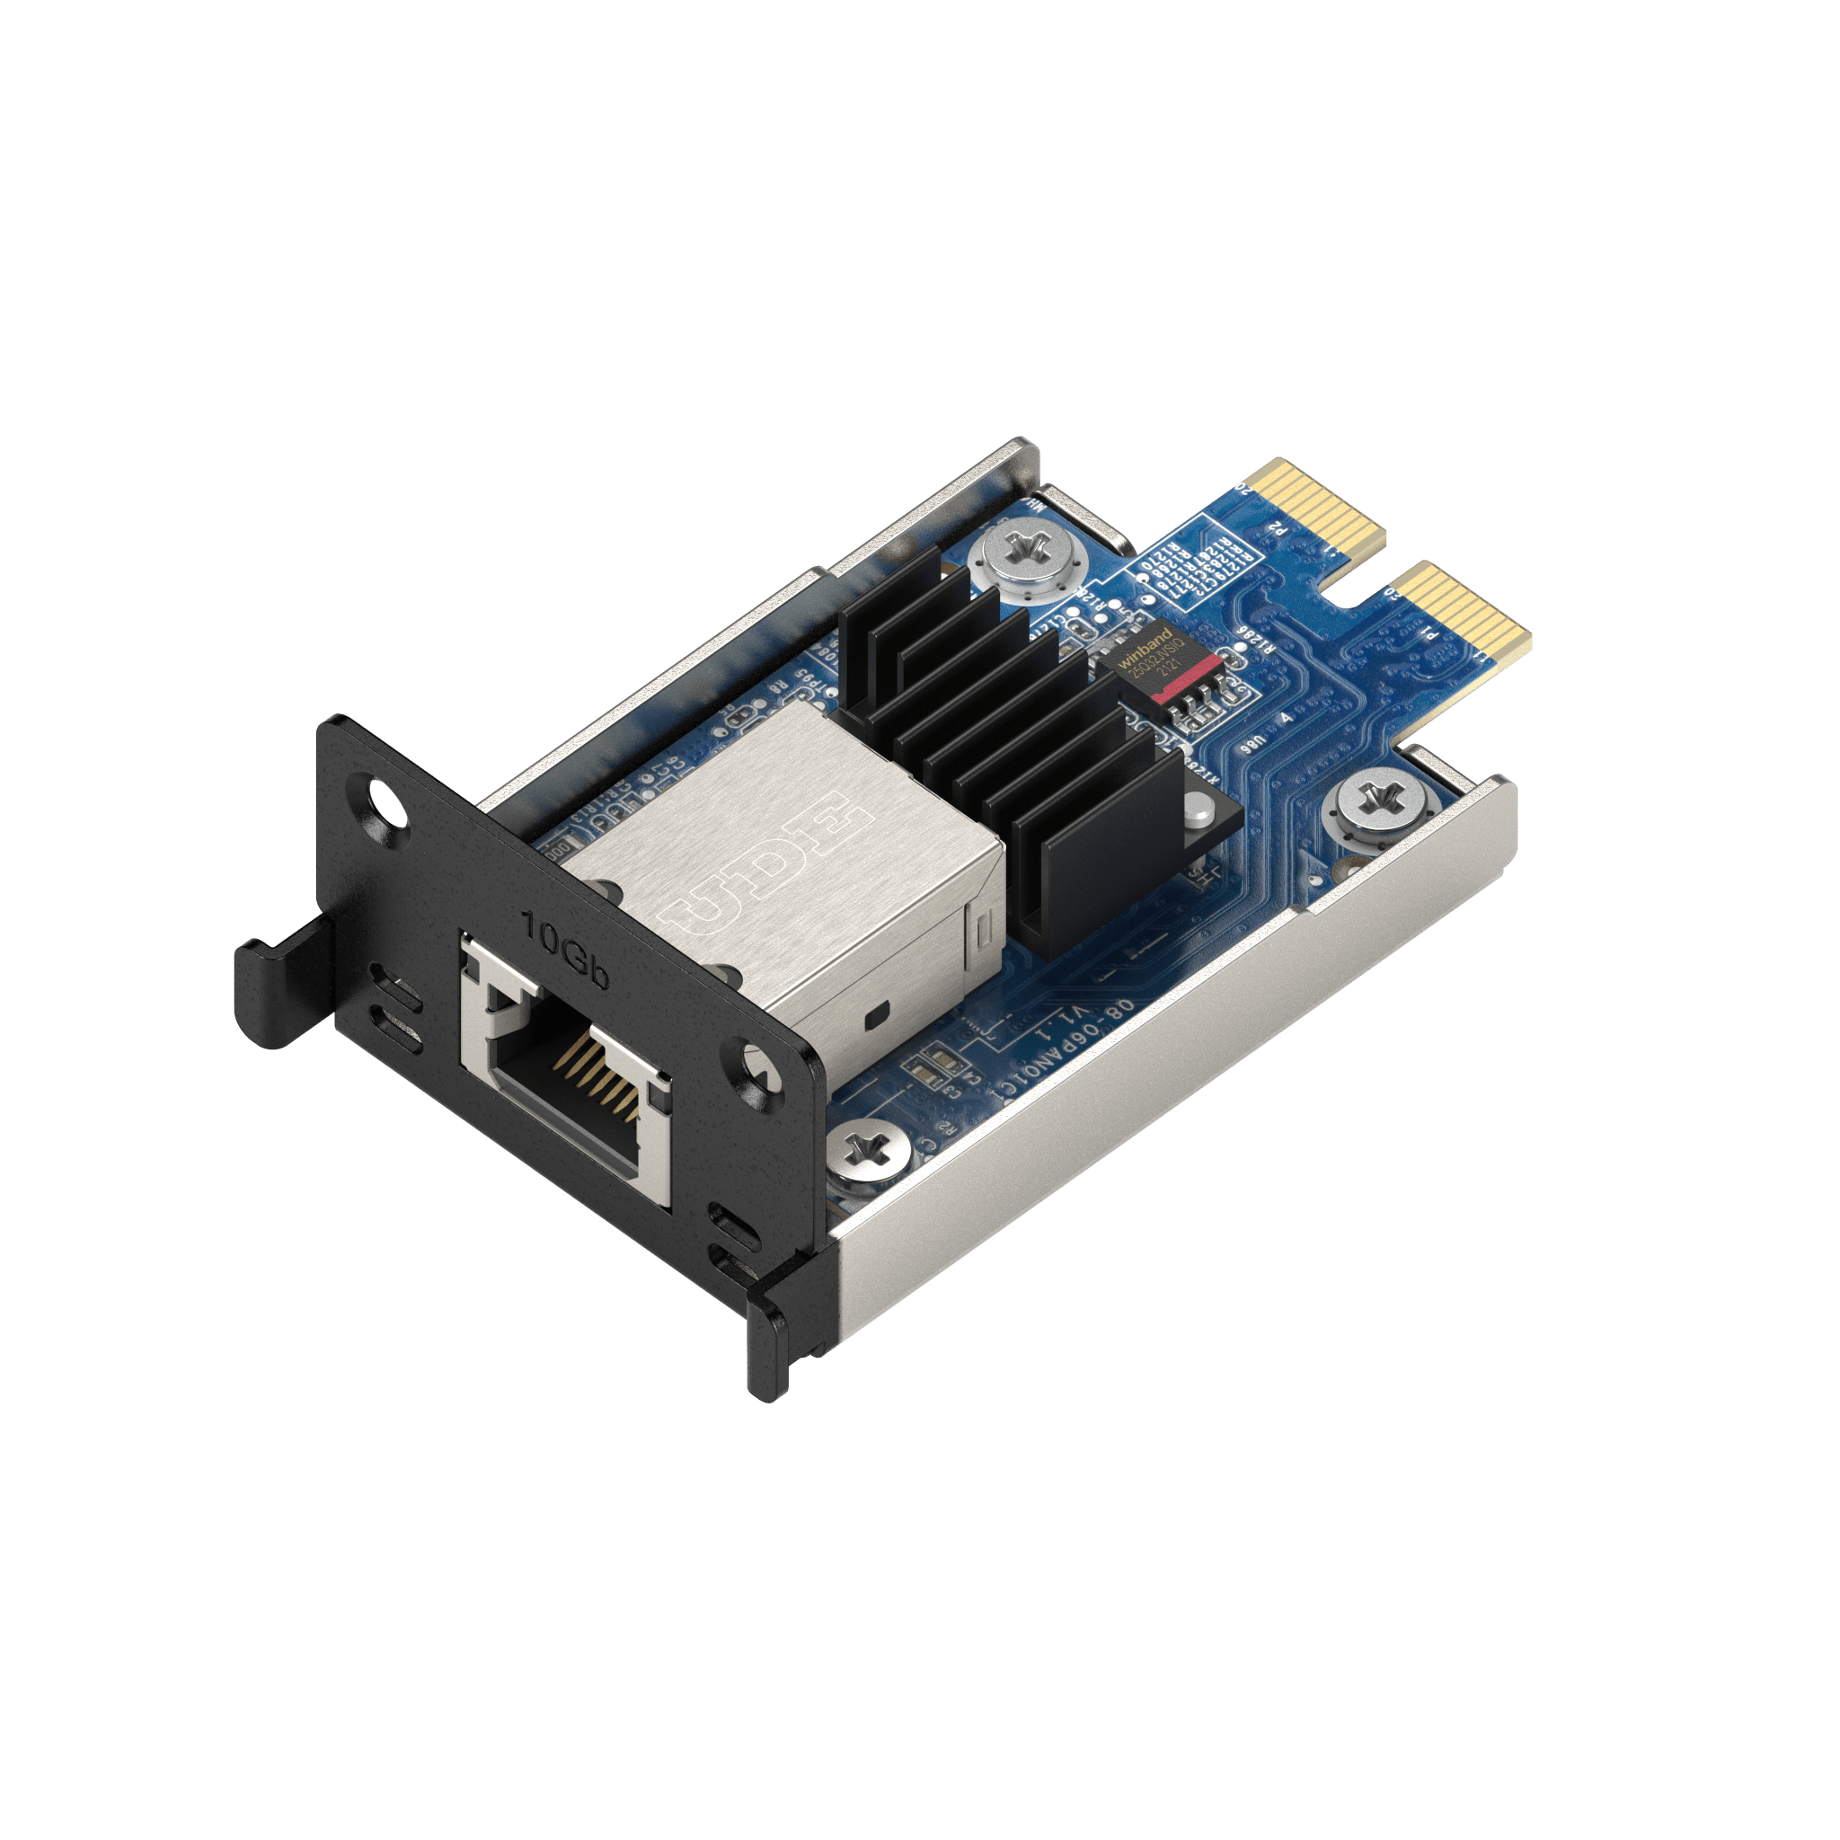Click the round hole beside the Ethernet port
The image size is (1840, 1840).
(759, 1066)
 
